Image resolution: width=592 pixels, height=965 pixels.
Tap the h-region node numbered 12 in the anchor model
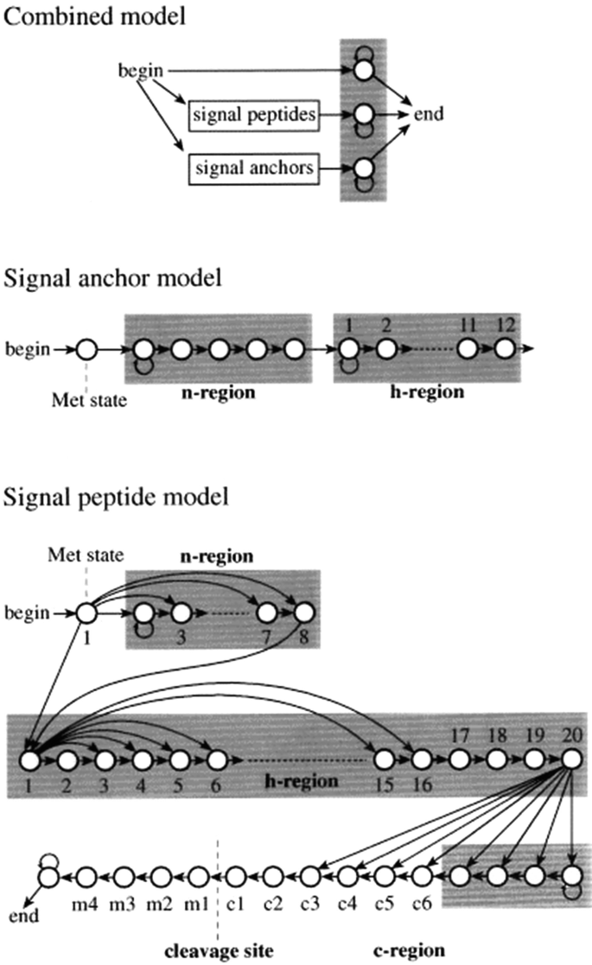coord(505,350)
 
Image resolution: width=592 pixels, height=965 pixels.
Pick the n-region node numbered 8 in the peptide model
coord(303,613)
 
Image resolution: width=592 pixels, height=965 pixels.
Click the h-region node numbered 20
coord(570,760)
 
